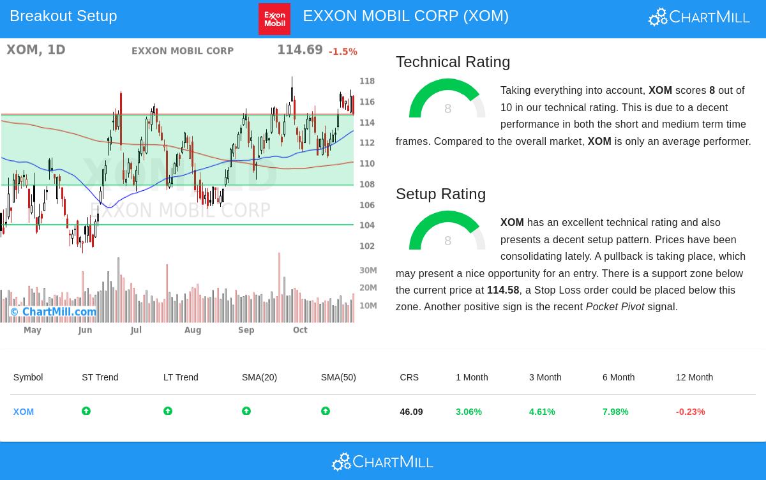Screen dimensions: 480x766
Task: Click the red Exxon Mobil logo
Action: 274,19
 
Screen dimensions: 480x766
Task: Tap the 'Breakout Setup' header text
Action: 63,16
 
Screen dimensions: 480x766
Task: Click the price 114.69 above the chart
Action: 299,50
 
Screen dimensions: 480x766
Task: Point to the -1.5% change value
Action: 343,52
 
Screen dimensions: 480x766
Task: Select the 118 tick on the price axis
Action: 367,81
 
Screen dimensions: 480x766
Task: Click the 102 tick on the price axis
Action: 367,246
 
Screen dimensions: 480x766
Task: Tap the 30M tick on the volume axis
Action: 368,270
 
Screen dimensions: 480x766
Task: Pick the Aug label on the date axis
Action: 193,330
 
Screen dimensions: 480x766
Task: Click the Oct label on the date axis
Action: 300,330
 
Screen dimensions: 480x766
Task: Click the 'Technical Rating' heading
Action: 453,62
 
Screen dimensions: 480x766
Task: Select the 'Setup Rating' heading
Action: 440,194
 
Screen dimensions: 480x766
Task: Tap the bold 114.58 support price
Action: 503,290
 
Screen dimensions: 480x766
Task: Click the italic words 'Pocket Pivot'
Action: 615,307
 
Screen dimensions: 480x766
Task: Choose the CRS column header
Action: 409,377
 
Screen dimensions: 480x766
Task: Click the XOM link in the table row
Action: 24,412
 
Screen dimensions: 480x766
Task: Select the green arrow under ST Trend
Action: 86,411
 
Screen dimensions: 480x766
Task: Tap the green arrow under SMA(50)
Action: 326,411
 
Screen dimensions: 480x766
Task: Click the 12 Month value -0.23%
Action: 690,412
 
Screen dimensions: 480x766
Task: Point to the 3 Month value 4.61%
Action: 542,412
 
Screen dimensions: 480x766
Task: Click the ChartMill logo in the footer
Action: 382,461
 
